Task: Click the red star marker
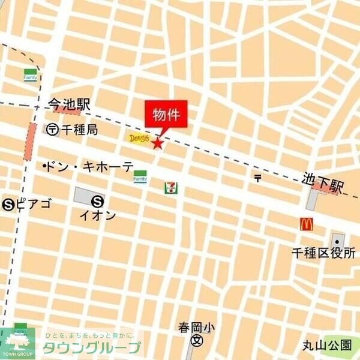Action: [x=158, y=143]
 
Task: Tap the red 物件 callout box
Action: [x=166, y=115]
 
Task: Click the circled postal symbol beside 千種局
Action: [x=53, y=129]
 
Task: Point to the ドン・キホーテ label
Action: [x=89, y=167]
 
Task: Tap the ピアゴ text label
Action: [x=34, y=204]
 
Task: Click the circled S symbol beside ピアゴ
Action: [x=9, y=204]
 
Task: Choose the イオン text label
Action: [x=98, y=215]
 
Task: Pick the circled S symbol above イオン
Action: [x=98, y=202]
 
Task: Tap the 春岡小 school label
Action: [x=196, y=328]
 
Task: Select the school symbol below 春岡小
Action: [x=196, y=341]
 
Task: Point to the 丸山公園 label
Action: [x=327, y=345]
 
